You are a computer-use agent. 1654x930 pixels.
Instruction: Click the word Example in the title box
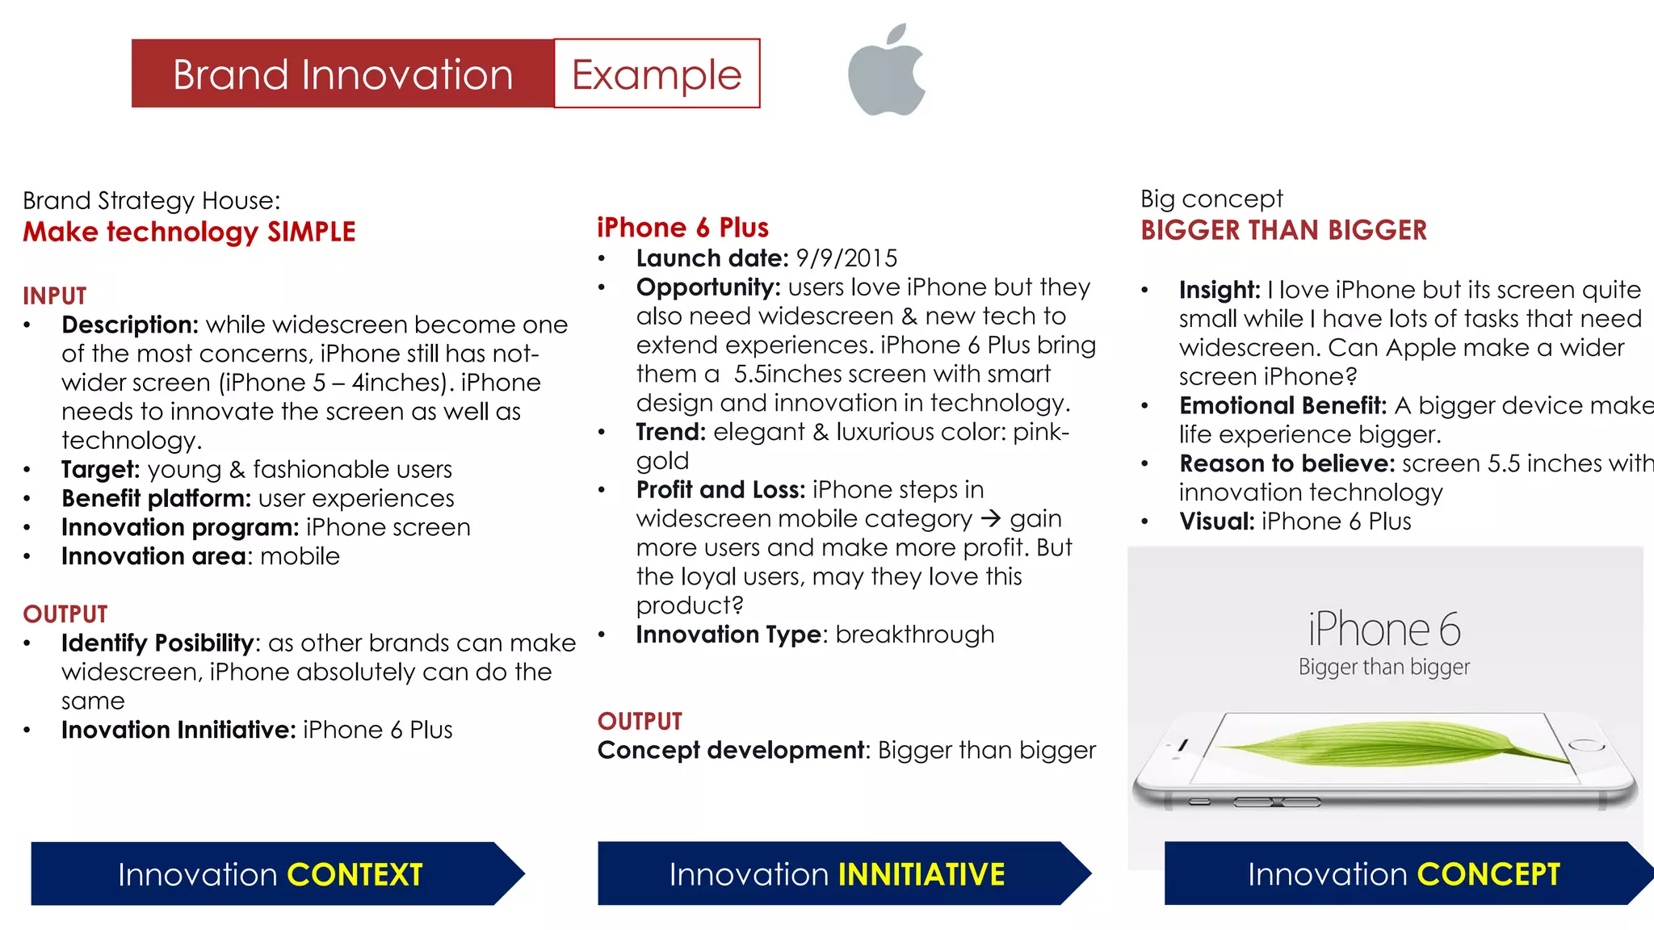click(656, 74)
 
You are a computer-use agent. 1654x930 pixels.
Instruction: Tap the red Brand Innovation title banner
click(342, 74)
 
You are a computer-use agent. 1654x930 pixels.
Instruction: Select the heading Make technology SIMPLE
click(189, 232)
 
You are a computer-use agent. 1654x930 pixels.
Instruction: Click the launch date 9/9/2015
click(846, 258)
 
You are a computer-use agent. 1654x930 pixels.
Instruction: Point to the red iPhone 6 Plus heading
click(682, 228)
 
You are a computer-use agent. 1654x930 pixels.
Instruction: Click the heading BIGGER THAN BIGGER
click(1283, 231)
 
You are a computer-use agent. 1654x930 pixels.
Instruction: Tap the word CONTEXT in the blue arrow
click(355, 875)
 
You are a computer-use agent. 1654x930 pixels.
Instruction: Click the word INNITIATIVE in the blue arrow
click(921, 875)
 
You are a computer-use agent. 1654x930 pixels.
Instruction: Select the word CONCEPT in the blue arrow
click(1488, 875)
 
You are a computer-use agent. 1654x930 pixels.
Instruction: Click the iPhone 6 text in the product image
click(1384, 630)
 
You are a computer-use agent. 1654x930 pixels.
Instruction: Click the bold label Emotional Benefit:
click(1282, 405)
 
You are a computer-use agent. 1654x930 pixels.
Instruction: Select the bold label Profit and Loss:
click(720, 490)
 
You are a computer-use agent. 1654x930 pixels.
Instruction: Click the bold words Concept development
click(731, 751)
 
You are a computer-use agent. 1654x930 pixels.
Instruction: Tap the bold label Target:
click(101, 470)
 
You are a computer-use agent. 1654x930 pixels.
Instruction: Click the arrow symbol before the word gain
click(991, 518)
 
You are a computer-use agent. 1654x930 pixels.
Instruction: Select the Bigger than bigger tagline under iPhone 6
click(1384, 668)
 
